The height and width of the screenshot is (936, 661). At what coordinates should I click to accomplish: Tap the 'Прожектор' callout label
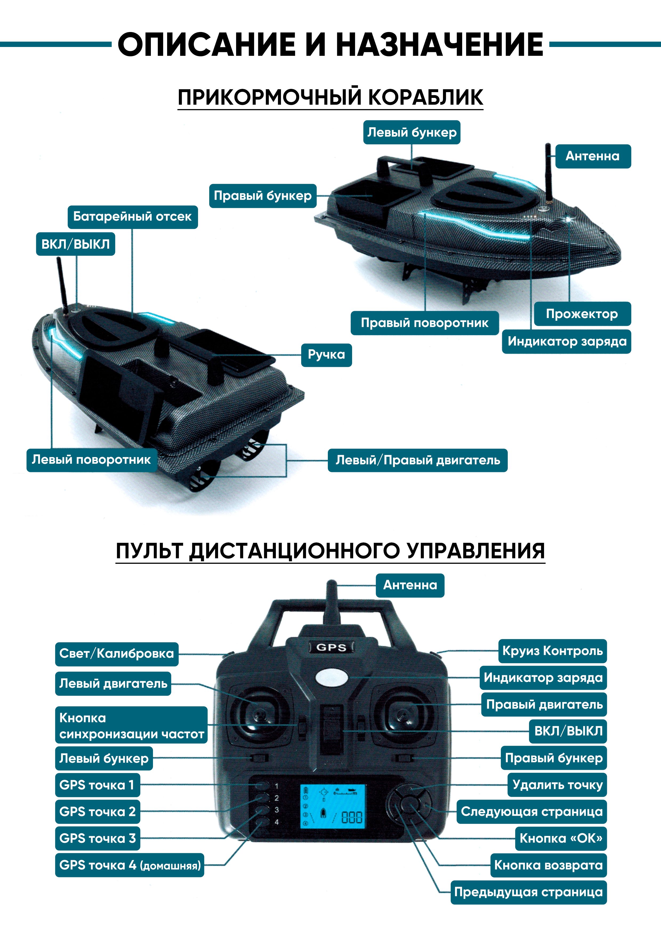coord(582,314)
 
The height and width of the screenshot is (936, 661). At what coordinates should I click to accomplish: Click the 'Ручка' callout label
coord(327,355)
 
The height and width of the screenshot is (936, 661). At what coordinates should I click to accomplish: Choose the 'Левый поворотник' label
coord(92,460)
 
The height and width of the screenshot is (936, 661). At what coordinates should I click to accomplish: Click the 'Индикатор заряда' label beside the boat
coord(566,341)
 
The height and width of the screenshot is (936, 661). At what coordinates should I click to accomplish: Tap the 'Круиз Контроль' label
coord(552,651)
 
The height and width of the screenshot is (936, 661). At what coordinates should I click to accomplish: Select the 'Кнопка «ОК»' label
coord(561,839)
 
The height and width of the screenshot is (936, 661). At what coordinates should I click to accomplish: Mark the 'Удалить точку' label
coord(557,785)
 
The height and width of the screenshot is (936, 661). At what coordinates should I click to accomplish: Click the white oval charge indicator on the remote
coord(332,677)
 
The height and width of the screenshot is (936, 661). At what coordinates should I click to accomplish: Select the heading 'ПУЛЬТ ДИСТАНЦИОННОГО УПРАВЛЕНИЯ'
coord(330,551)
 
